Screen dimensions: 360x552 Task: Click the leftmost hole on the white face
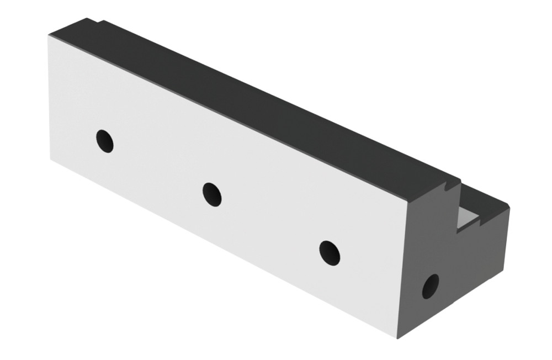point(105,141)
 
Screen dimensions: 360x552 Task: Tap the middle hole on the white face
point(212,194)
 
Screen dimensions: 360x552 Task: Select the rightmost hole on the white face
point(330,252)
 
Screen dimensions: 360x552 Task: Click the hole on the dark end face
point(430,286)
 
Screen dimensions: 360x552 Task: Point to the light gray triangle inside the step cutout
point(467,219)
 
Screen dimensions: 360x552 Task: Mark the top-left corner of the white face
point(49,36)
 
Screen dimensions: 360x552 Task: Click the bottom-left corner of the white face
point(51,159)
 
